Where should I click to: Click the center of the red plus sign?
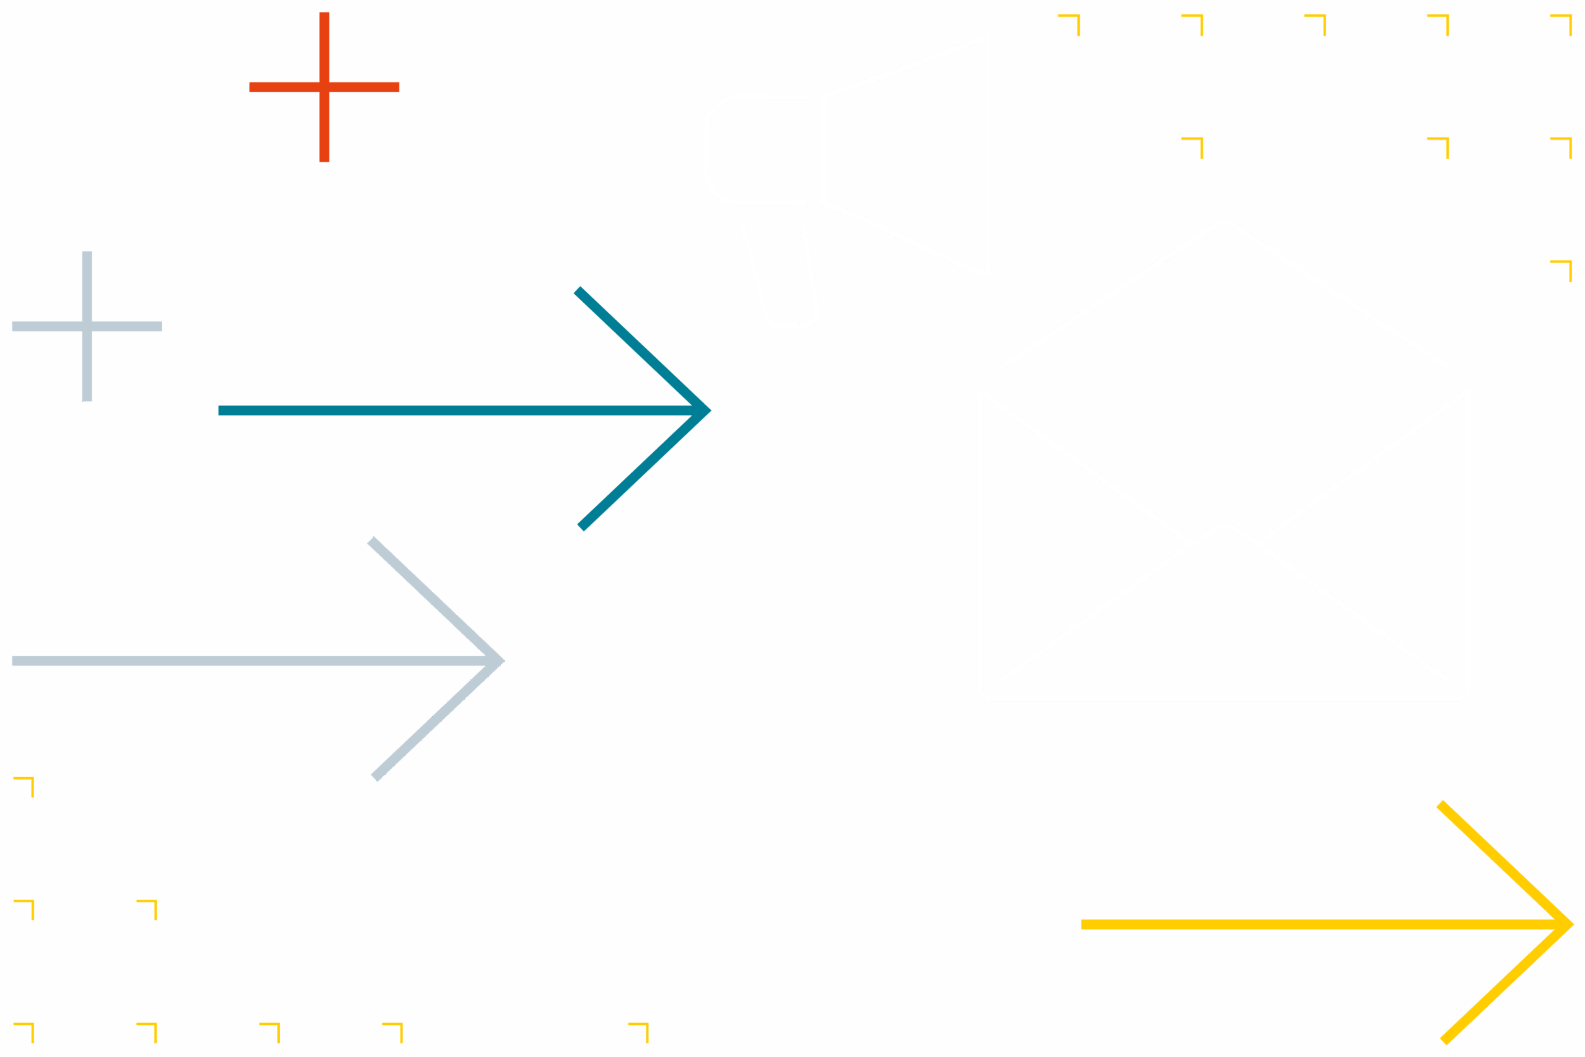pos(324,87)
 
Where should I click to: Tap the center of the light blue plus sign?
pos(87,326)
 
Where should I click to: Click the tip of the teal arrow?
pos(710,410)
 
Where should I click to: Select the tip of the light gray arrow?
pos(503,661)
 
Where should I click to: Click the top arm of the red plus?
pos(324,47)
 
